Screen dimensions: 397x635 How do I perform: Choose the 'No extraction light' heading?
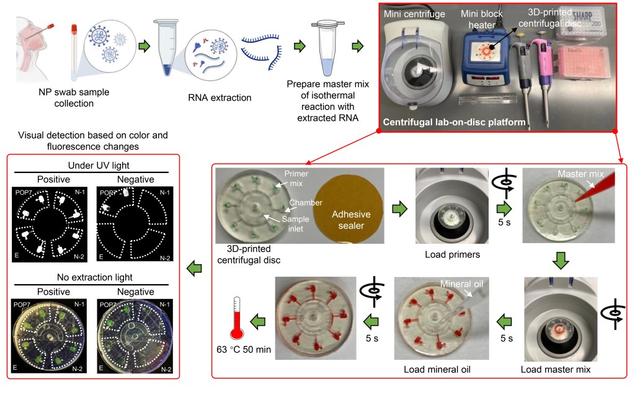pyautogui.click(x=92, y=277)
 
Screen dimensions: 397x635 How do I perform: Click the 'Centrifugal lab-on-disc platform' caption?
pyautogui.click(x=453, y=123)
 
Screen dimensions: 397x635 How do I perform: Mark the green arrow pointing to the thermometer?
pyautogui.click(x=258, y=321)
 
